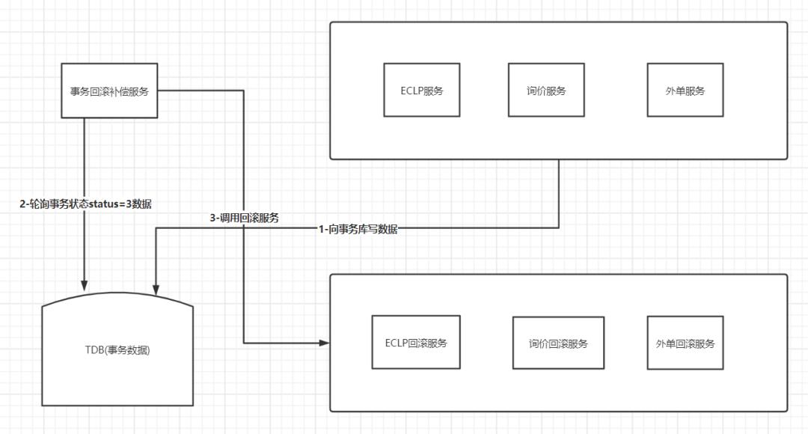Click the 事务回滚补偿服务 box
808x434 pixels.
pos(109,91)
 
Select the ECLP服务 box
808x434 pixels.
pos(421,91)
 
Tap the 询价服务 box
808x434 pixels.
pos(546,91)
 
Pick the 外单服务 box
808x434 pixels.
pos(685,91)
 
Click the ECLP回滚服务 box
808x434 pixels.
pos(416,342)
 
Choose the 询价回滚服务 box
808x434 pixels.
pos(558,343)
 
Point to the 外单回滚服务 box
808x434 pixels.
pos(685,343)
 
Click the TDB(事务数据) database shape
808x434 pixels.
pos(117,349)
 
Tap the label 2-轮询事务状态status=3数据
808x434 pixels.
pos(85,204)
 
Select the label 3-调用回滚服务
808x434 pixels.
pos(244,218)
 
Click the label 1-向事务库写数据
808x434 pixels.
pos(358,230)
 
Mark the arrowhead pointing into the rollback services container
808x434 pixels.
pos(325,343)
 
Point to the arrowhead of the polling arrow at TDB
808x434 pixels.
pos(85,286)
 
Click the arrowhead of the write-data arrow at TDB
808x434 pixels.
pos(156,290)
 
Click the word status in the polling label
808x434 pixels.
pos(103,204)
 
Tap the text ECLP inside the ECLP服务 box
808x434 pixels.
pos(411,91)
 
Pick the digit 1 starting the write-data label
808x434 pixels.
pos(321,230)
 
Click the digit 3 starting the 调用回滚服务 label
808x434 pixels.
pos(212,218)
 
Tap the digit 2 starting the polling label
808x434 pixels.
pos(22,204)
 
